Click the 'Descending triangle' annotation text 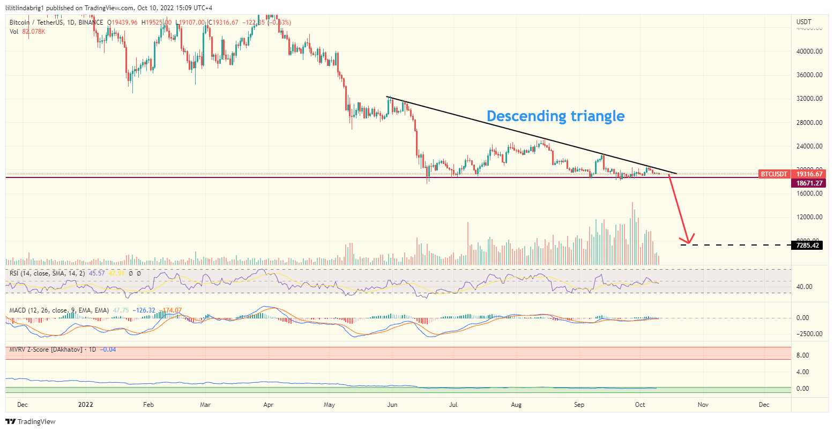[555, 116]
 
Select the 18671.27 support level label [809, 183]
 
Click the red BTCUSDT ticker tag [775, 174]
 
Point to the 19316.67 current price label [809, 174]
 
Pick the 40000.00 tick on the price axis [809, 51]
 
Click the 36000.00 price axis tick [809, 75]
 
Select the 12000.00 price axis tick [809, 217]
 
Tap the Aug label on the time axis [516, 405]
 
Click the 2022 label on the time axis [85, 405]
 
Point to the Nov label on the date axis [703, 405]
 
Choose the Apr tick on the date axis [269, 405]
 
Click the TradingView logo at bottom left [31, 422]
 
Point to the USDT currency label [804, 22]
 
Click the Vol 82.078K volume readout [27, 32]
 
